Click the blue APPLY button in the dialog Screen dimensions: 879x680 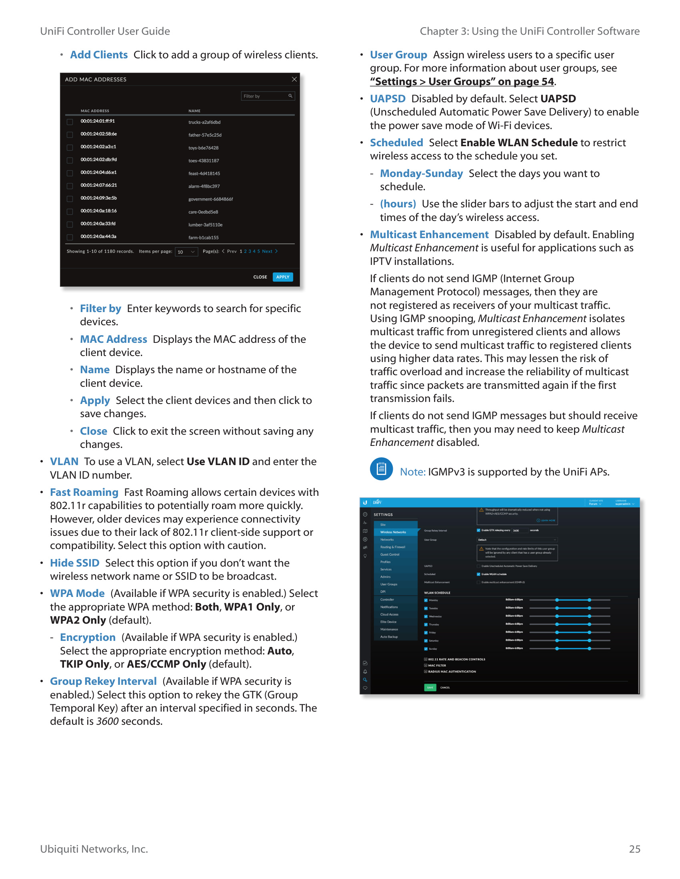click(282, 277)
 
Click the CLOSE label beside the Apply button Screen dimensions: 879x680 click(260, 277)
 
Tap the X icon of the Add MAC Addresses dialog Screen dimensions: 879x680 click(294, 79)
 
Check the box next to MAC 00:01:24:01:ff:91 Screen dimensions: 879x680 click(70, 121)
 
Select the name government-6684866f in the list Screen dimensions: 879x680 click(210, 199)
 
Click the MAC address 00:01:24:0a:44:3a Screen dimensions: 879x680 click(98, 237)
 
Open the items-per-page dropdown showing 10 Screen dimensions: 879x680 click(186, 252)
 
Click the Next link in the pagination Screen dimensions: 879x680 click(267, 251)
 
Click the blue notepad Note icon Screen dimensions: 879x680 click(381, 469)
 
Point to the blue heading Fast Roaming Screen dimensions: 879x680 click(84, 492)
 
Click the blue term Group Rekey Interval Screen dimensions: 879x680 click(103, 681)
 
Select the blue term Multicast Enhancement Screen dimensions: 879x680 click(429, 235)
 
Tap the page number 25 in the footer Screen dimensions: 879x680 click(634, 849)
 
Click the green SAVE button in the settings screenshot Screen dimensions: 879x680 click(430, 688)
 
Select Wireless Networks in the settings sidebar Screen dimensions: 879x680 click(393, 532)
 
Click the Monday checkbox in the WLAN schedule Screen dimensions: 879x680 click(426, 600)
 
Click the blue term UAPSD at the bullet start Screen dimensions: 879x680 click(388, 99)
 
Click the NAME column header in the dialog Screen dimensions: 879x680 click(194, 111)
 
